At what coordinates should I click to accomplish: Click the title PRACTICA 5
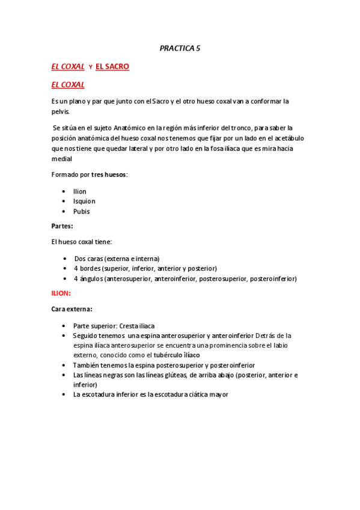180,48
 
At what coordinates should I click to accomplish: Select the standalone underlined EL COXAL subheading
67,85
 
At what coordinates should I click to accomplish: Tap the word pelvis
60,111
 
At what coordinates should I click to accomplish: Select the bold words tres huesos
109,174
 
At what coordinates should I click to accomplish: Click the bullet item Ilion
79,191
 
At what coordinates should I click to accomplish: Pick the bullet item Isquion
84,201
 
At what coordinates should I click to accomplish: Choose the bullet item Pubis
81,211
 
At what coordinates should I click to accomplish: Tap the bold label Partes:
62,226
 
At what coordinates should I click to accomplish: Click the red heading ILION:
61,293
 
